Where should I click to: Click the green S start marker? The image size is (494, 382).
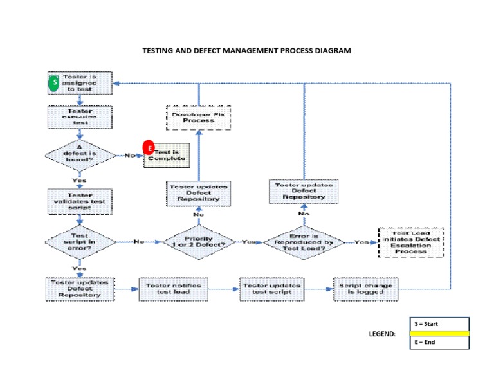(55, 83)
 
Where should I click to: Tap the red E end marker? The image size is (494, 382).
(149, 147)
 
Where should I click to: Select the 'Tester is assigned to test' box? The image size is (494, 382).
(80, 82)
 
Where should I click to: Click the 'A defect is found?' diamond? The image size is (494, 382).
(79, 154)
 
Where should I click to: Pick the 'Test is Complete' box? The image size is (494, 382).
(166, 155)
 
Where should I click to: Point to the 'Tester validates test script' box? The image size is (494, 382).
(80, 199)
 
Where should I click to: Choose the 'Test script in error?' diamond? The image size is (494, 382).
(79, 242)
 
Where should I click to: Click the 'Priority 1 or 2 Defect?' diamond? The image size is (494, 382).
(198, 242)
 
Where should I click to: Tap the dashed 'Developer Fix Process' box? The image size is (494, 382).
(198, 117)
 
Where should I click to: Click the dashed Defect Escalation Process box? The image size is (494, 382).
(411, 242)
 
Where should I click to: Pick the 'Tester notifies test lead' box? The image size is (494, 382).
(174, 289)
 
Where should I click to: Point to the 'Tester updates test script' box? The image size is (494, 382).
(271, 289)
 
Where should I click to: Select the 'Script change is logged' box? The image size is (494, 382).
(366, 289)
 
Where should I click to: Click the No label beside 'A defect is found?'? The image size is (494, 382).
(131, 155)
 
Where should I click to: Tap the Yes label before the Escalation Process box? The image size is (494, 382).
(362, 242)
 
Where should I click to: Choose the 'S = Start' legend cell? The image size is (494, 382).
(439, 323)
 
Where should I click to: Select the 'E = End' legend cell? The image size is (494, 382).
(439, 342)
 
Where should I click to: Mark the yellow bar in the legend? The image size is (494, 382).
(439, 333)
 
